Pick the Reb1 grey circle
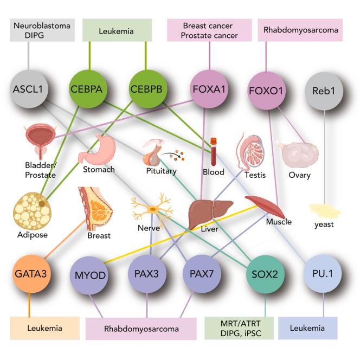pyautogui.click(x=324, y=89)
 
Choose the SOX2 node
pyautogui.click(x=266, y=274)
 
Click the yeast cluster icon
pyautogui.click(x=324, y=209)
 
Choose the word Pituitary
pyautogui.click(x=161, y=171)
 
